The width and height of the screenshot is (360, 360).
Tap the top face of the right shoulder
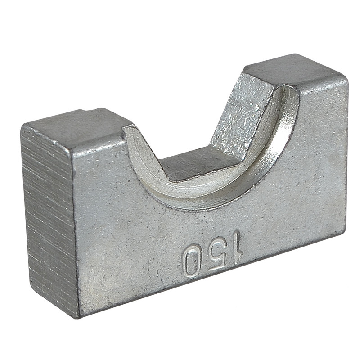coord(296,71)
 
